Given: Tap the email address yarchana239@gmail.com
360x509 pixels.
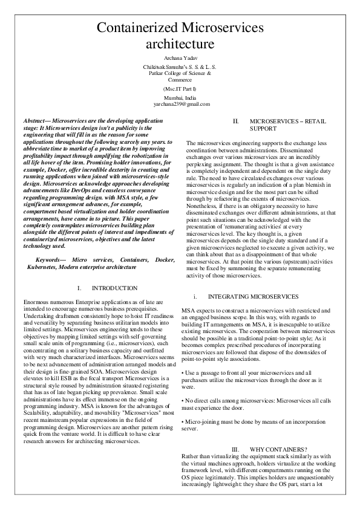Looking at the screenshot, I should click(180, 104).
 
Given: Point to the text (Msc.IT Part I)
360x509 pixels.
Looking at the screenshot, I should click(180, 88).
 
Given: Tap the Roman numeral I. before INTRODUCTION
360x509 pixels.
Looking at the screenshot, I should click(80, 288).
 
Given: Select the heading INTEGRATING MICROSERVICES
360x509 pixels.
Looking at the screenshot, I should click(253, 297).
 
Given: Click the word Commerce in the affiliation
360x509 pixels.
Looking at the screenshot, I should click(180, 79).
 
